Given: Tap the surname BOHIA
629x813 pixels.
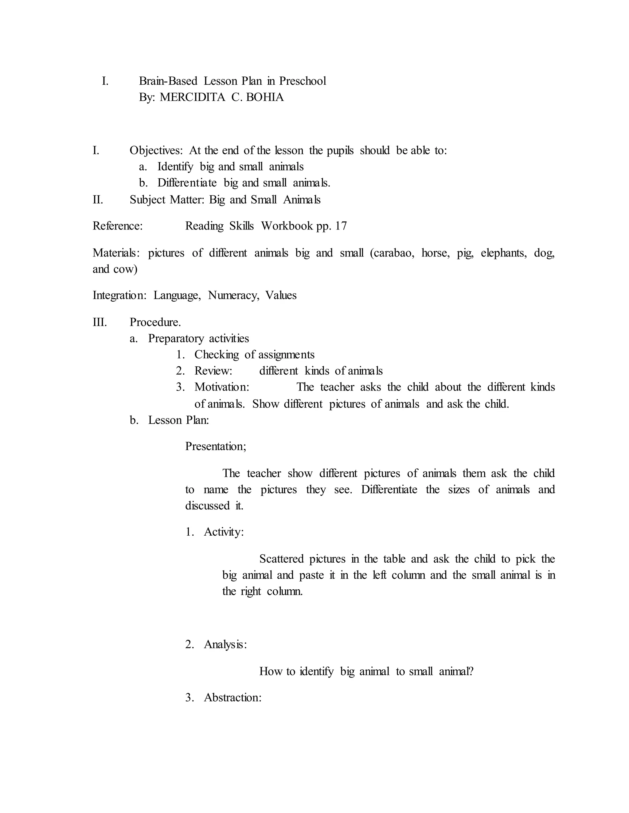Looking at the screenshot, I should click(x=265, y=97).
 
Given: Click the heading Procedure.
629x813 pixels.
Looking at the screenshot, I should click(x=155, y=322).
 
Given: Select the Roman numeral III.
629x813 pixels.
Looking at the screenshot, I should click(x=100, y=322).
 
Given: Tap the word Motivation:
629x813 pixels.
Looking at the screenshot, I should click(x=222, y=387).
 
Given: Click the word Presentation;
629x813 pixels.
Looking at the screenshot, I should click(x=216, y=446).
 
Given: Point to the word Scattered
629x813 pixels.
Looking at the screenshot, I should click(x=281, y=559).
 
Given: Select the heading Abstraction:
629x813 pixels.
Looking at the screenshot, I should click(x=232, y=698).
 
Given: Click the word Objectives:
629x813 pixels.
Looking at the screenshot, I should click(x=156, y=150).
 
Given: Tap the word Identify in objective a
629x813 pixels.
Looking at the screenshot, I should click(x=175, y=167).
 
